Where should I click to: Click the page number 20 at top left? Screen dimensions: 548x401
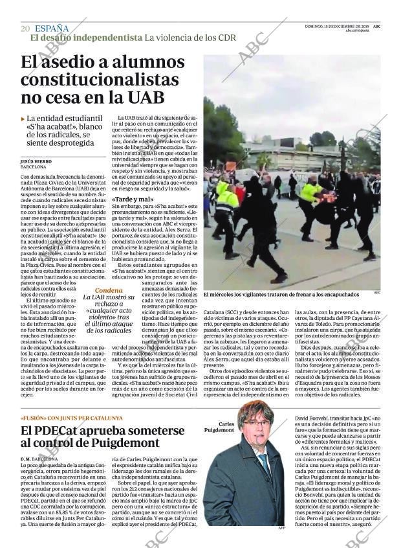[x=25, y=28]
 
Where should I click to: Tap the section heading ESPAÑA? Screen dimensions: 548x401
[x=52, y=28]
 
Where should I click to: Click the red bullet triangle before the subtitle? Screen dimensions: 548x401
[x=23, y=119]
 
